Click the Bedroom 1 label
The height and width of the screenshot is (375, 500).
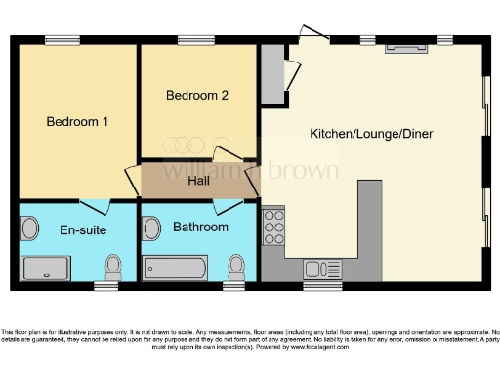[x=77, y=122]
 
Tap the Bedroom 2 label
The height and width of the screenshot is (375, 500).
[x=197, y=96]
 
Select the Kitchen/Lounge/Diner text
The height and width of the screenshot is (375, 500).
[x=371, y=133]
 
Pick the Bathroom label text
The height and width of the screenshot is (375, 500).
[x=200, y=227]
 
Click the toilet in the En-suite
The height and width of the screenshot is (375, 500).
[x=113, y=265]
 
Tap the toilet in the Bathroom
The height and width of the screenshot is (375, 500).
[x=235, y=265]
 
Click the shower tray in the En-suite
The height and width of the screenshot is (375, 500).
[x=45, y=268]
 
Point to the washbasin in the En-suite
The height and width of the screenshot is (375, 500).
[x=28, y=229]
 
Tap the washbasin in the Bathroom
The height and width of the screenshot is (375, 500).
[x=150, y=229]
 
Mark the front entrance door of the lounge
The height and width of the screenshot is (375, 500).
[x=313, y=34]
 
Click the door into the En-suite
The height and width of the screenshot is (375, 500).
[x=95, y=205]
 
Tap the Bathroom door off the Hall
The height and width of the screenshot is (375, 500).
[x=228, y=205]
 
